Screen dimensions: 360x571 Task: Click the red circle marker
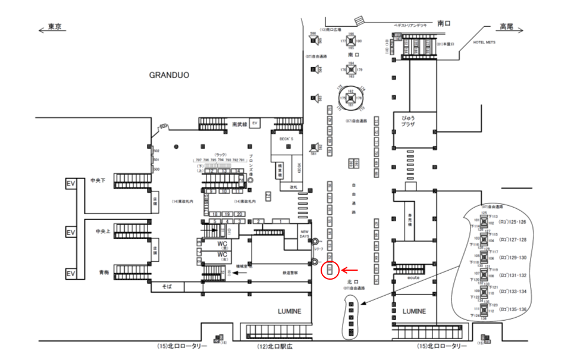[329, 270]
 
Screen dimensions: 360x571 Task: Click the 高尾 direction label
[506, 27]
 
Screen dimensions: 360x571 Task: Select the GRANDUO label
[169, 76]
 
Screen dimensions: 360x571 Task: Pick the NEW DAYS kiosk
[304, 234]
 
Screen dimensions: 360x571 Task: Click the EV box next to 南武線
[255, 123]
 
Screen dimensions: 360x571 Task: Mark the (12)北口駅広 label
[277, 346]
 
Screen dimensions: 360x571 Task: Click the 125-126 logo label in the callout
[514, 221]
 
